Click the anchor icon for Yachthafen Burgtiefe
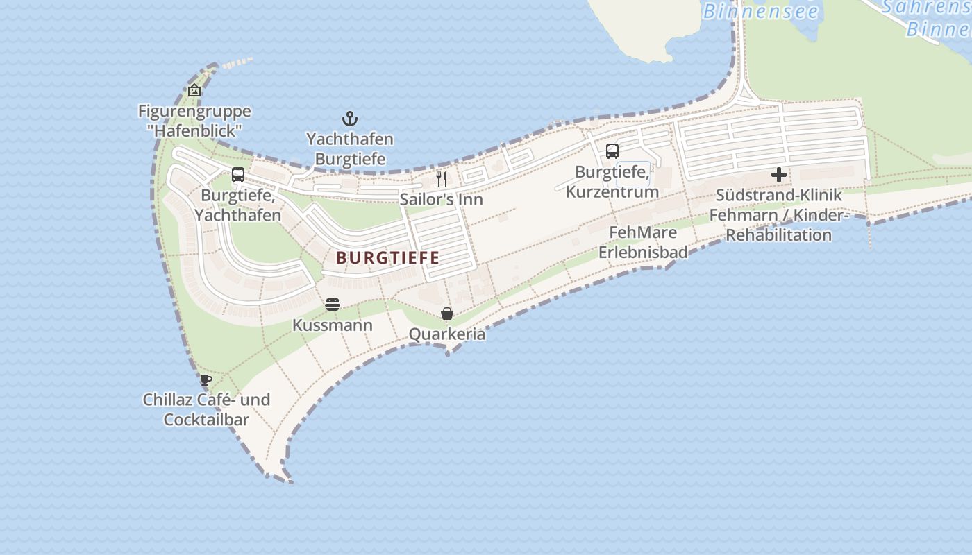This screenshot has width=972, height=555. coord(350,119)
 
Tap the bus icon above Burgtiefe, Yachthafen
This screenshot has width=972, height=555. coord(238,174)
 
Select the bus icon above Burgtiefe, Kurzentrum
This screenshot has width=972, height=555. coord(612,151)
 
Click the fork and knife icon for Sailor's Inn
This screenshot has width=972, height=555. coord(441,179)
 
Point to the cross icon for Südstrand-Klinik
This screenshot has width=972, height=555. coord(779,175)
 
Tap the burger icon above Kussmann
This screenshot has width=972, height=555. coord(333,305)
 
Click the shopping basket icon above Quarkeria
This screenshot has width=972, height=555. coord(447,314)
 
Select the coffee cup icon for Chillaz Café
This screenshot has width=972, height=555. coord(206,379)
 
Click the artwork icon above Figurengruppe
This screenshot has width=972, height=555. coord(194,90)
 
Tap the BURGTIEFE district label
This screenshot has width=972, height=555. coord(388,258)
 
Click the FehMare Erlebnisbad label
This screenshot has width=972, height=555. coord(643,242)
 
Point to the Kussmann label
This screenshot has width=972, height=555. coord(333,325)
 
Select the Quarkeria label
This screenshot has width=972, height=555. coord(447,334)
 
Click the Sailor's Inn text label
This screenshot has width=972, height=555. coord(441,200)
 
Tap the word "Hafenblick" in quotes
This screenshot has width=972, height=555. coord(194,130)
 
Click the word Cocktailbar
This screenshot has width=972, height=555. coord(206,420)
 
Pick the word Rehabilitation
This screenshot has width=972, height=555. coord(778,235)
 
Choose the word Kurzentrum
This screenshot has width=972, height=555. coord(612,191)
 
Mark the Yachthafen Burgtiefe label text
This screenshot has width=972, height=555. coord(350,148)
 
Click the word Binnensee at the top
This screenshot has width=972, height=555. coord(760,11)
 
